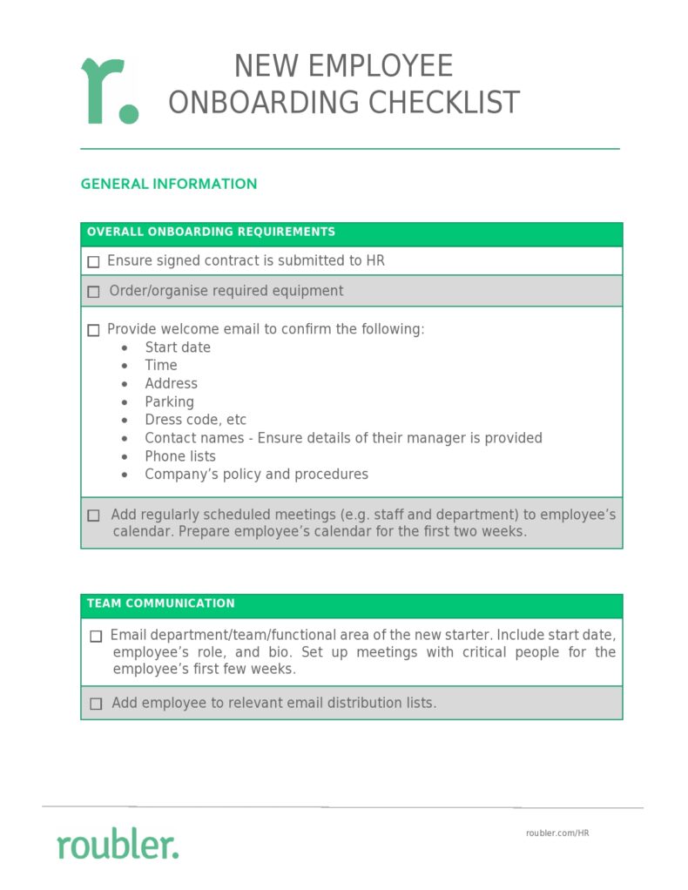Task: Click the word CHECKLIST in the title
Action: [443, 103]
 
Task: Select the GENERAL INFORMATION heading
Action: [169, 184]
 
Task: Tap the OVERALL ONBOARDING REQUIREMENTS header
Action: [211, 232]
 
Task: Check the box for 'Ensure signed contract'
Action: [94, 261]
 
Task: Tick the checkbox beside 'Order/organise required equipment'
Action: [94, 292]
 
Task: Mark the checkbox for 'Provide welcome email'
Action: [94, 330]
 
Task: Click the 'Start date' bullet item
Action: [178, 347]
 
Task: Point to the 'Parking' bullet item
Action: [169, 402]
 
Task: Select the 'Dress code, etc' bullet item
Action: [195, 420]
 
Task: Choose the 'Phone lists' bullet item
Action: [180, 456]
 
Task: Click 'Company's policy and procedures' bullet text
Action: [256, 475]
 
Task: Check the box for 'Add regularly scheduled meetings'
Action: [94, 516]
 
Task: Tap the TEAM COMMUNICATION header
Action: [161, 603]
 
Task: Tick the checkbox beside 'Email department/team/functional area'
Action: [96, 637]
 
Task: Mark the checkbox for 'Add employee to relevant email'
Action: [96, 704]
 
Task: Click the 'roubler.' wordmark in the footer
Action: [118, 844]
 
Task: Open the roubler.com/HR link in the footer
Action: [557, 833]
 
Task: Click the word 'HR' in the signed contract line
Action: [374, 260]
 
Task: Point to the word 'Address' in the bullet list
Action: [171, 384]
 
